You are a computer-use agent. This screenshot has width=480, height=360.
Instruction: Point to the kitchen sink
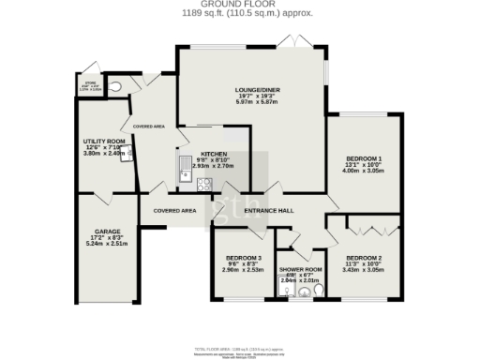183,167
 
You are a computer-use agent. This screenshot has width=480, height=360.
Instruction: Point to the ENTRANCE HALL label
269,211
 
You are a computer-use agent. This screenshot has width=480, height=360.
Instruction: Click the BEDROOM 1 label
361,159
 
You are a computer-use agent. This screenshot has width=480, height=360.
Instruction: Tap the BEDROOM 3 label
243,258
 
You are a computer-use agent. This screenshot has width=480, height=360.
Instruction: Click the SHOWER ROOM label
301,269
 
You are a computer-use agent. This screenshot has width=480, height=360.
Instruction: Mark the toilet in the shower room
318,291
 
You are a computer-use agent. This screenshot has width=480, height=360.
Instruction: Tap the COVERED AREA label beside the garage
173,211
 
